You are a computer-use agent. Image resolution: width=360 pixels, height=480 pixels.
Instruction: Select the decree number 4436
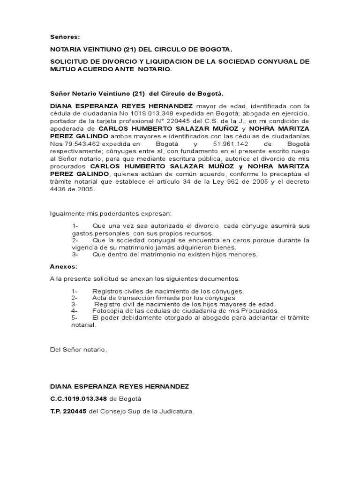[58, 189]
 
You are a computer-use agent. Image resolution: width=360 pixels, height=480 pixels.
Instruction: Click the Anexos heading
[63, 266]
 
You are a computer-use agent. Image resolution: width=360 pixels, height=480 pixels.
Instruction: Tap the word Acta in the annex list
[100, 298]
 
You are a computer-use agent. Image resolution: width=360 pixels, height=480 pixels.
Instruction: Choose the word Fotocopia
[109, 310]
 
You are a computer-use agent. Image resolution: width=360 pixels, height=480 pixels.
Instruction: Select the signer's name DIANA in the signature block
[61, 386]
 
